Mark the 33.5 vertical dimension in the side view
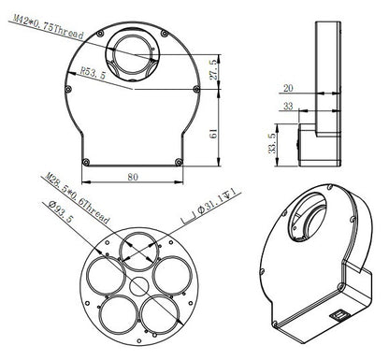271,140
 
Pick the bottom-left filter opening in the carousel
116,313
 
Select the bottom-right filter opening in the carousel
160,313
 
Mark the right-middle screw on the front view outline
194,91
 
